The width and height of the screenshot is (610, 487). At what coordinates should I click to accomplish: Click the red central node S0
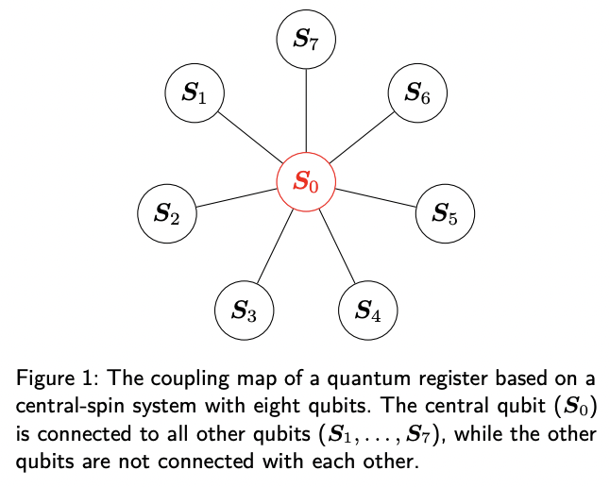tap(305, 179)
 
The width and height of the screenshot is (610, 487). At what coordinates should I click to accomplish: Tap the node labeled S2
tap(167, 214)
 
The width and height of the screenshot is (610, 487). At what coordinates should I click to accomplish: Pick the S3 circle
tap(245, 310)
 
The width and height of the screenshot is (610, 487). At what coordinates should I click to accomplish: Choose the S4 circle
tap(368, 310)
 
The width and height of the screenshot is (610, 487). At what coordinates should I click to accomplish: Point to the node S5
tap(445, 214)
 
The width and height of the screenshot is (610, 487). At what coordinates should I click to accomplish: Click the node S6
tap(417, 92)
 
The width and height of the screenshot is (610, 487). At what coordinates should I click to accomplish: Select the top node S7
tap(306, 40)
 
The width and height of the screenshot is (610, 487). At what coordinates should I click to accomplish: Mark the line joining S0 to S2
tap(236, 197)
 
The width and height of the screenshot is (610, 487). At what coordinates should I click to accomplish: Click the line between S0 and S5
tap(375, 197)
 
